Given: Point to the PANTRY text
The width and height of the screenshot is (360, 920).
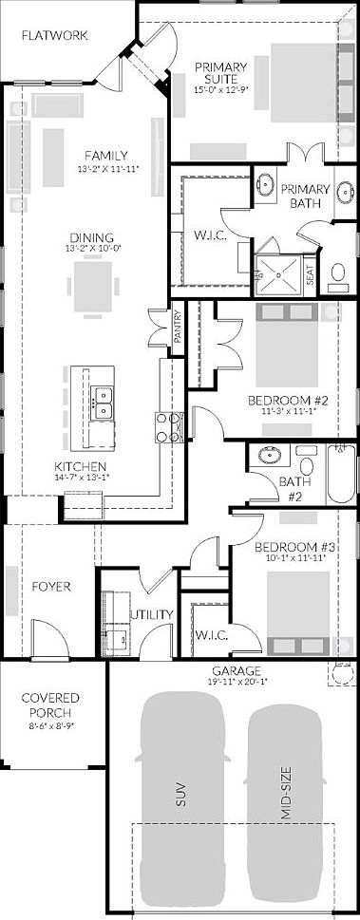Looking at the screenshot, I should (x=178, y=332).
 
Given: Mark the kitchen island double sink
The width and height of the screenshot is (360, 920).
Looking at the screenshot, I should (x=102, y=403).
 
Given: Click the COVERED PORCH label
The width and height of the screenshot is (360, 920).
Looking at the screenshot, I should (x=49, y=704).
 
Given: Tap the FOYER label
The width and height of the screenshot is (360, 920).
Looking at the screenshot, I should (x=51, y=586).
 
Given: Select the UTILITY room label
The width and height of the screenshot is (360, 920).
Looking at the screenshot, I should (x=153, y=614).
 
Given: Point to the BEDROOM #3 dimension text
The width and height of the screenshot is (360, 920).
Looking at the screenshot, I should (x=291, y=559).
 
